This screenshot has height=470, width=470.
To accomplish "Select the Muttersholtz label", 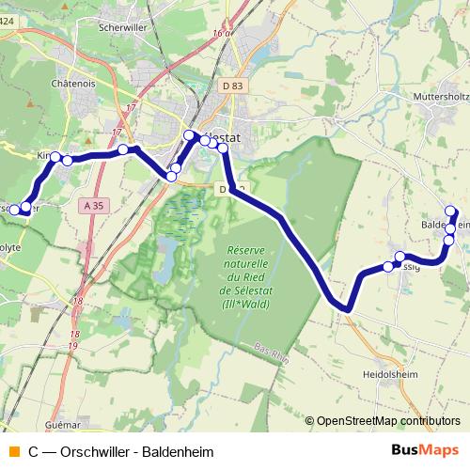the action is tap(441, 97).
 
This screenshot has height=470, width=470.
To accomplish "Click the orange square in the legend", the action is tap(12, 451).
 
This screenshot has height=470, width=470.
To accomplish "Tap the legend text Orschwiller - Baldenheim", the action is tap(125, 451).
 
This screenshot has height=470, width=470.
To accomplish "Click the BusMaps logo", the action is tap(425, 450).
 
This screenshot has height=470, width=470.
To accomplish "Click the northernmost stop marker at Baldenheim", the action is tap(450, 211).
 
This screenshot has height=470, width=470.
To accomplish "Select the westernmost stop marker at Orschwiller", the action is tap(14, 210).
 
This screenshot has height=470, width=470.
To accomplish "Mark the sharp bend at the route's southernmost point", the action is tap(346, 307).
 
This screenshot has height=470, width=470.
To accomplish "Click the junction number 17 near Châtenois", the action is tap(117, 133).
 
